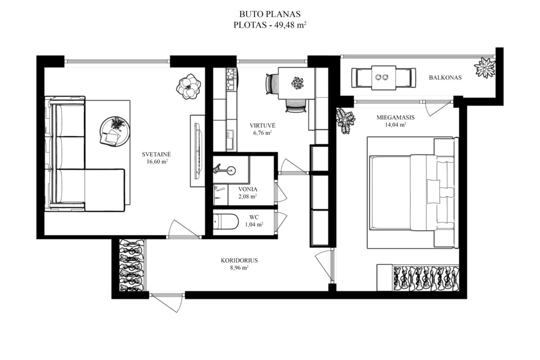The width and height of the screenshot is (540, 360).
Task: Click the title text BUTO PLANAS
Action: pyautogui.click(x=270, y=14)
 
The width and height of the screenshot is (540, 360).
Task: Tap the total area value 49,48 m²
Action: pyautogui.click(x=290, y=25)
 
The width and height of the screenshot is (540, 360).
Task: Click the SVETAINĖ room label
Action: pyautogui.click(x=156, y=154)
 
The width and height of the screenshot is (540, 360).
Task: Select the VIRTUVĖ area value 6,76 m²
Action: pyautogui.click(x=262, y=133)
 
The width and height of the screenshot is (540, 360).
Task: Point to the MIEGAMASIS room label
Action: pyautogui.click(x=396, y=117)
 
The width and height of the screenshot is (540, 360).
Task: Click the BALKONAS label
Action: pyautogui.click(x=445, y=77)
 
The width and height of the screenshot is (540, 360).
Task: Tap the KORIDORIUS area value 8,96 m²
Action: pyautogui.click(x=239, y=268)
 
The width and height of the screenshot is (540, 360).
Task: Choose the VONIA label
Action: pyautogui.click(x=248, y=189)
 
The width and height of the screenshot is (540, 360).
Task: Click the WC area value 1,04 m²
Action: pyautogui.click(x=254, y=225)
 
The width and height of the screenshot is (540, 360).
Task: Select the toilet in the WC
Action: pyautogui.click(x=225, y=221)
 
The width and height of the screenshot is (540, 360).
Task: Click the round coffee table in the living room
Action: pyautogui.click(x=115, y=131)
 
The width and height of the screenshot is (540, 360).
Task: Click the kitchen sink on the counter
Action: pyautogui.click(x=230, y=140)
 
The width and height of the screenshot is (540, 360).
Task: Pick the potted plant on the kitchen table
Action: pyautogui.click(x=297, y=83)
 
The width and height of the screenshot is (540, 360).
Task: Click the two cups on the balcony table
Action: pyautogui.click(x=382, y=77)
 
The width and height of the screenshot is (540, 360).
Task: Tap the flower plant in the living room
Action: pyautogui.click(x=189, y=86)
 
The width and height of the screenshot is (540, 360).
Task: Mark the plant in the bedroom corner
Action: pyautogui.click(x=346, y=120)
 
